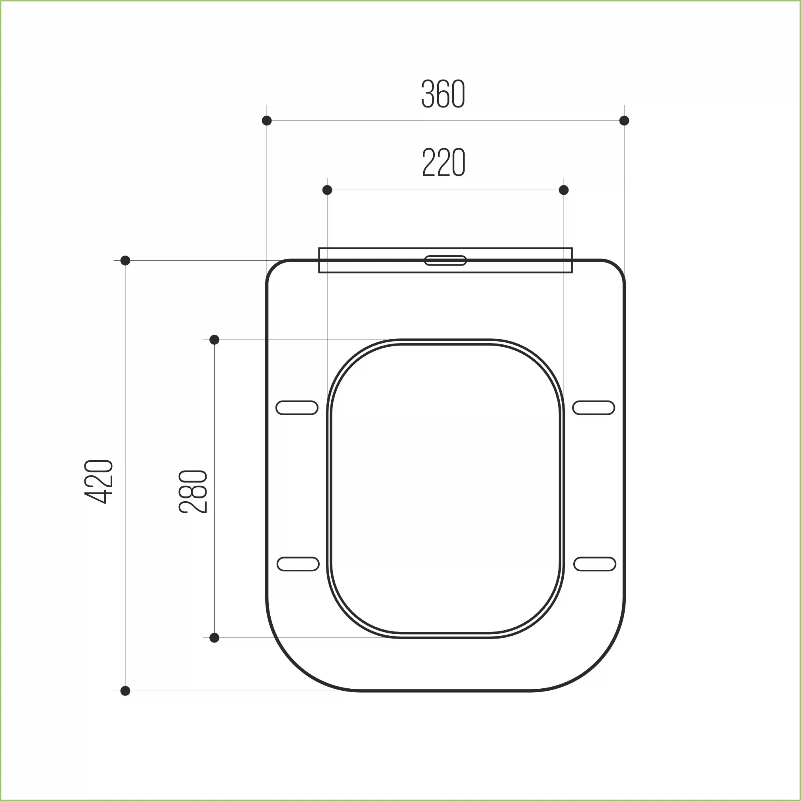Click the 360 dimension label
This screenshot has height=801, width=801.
click(x=443, y=94)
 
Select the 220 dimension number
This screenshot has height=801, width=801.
click(x=443, y=162)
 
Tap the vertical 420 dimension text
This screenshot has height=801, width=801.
click(x=99, y=481)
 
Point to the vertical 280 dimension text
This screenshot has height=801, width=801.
click(x=193, y=492)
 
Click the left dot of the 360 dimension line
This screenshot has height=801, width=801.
click(x=267, y=121)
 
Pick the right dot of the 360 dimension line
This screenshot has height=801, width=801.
click(x=624, y=121)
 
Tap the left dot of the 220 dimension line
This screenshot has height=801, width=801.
click(x=327, y=190)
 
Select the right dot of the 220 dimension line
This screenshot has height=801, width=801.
click(x=564, y=190)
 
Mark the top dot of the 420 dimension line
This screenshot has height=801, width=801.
click(x=125, y=260)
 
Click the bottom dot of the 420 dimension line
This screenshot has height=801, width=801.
click(x=125, y=691)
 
